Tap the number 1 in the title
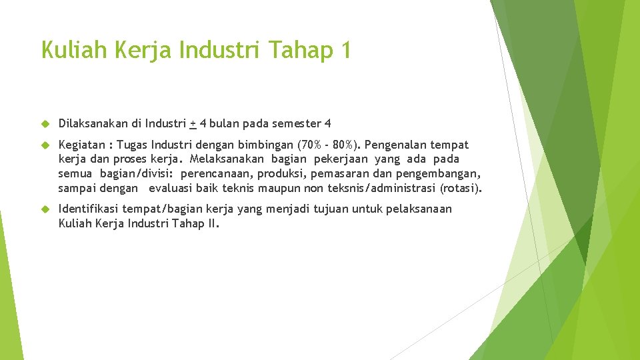pyautogui.click(x=343, y=50)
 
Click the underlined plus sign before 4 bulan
pyautogui.click(x=193, y=123)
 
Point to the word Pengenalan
pyautogui.click(x=397, y=145)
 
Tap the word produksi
pyautogui.click(x=276, y=174)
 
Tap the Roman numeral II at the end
pyautogui.click(x=212, y=223)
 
